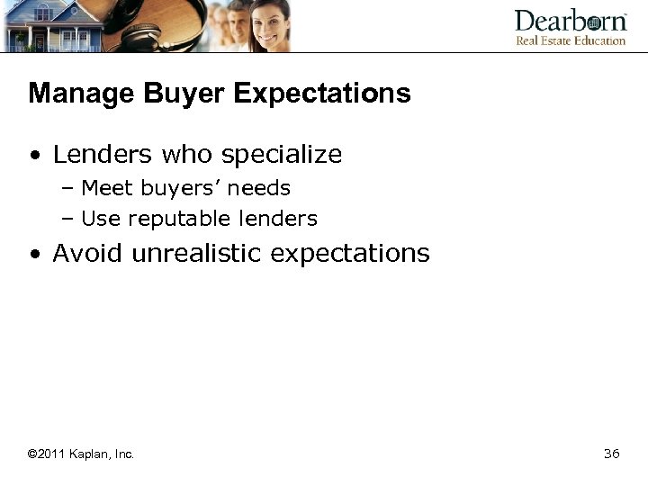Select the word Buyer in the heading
[x=167, y=94]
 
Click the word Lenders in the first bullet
[x=103, y=155]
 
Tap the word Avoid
[x=88, y=253]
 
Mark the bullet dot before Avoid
[x=34, y=255]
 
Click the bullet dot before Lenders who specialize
[x=34, y=157]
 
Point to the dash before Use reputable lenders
[x=68, y=219]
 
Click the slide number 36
[x=611, y=454]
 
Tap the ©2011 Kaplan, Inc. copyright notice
[x=81, y=454]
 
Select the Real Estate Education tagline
[x=570, y=40]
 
